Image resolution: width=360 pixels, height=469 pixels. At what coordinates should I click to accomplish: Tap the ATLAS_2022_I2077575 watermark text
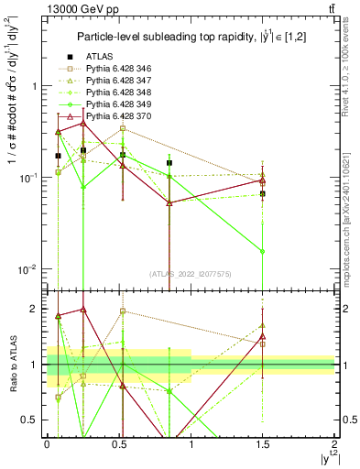tap(191, 273)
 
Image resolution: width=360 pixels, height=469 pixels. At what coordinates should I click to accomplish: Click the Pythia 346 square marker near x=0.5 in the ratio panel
tap(123, 311)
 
